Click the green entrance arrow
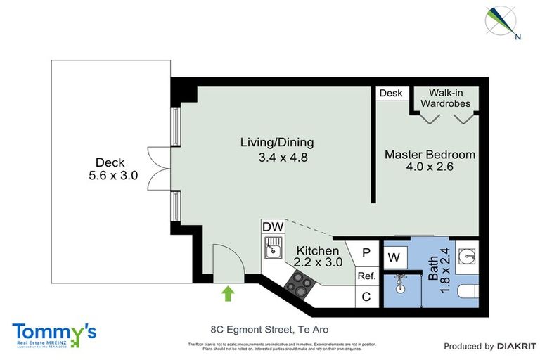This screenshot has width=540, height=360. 228,292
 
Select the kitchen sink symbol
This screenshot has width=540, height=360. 272,247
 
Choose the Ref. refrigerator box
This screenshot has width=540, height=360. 366,276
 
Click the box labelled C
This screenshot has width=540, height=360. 366,297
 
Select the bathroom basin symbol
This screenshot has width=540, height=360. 465,254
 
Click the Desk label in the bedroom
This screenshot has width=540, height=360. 390,94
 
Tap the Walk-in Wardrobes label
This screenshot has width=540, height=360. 445,98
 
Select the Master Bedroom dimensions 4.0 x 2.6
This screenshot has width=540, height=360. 430,167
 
